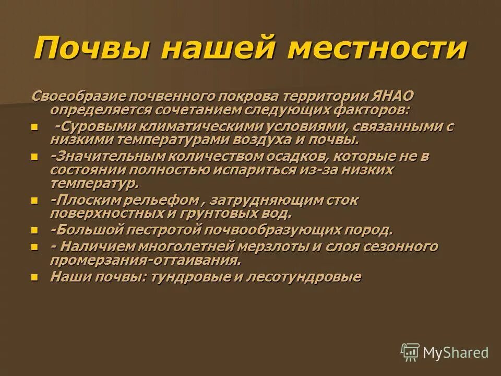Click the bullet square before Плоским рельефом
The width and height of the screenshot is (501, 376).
35,201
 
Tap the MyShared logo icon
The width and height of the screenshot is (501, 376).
410,352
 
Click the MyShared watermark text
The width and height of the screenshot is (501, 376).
456,352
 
